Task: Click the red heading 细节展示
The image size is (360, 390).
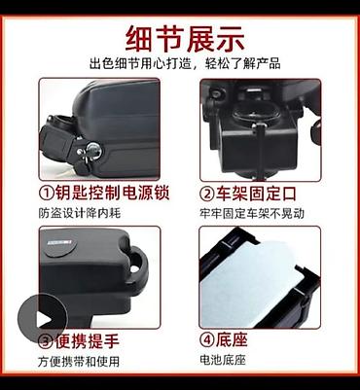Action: coord(185,39)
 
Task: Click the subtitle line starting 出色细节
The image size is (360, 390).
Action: coord(185,63)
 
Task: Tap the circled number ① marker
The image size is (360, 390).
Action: coord(47,194)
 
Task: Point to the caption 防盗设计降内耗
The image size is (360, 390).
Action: coord(80,213)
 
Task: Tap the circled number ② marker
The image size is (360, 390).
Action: coord(207,194)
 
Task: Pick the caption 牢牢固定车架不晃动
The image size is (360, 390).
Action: coord(252,214)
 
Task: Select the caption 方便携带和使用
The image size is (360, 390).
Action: coord(79,362)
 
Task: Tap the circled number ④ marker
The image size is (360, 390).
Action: coord(207,340)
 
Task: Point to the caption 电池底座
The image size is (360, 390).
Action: coord(223,360)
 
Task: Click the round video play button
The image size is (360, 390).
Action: coord(43,319)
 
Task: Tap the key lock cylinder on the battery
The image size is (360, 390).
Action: coord(93,150)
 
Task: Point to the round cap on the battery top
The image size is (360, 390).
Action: coord(59,246)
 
